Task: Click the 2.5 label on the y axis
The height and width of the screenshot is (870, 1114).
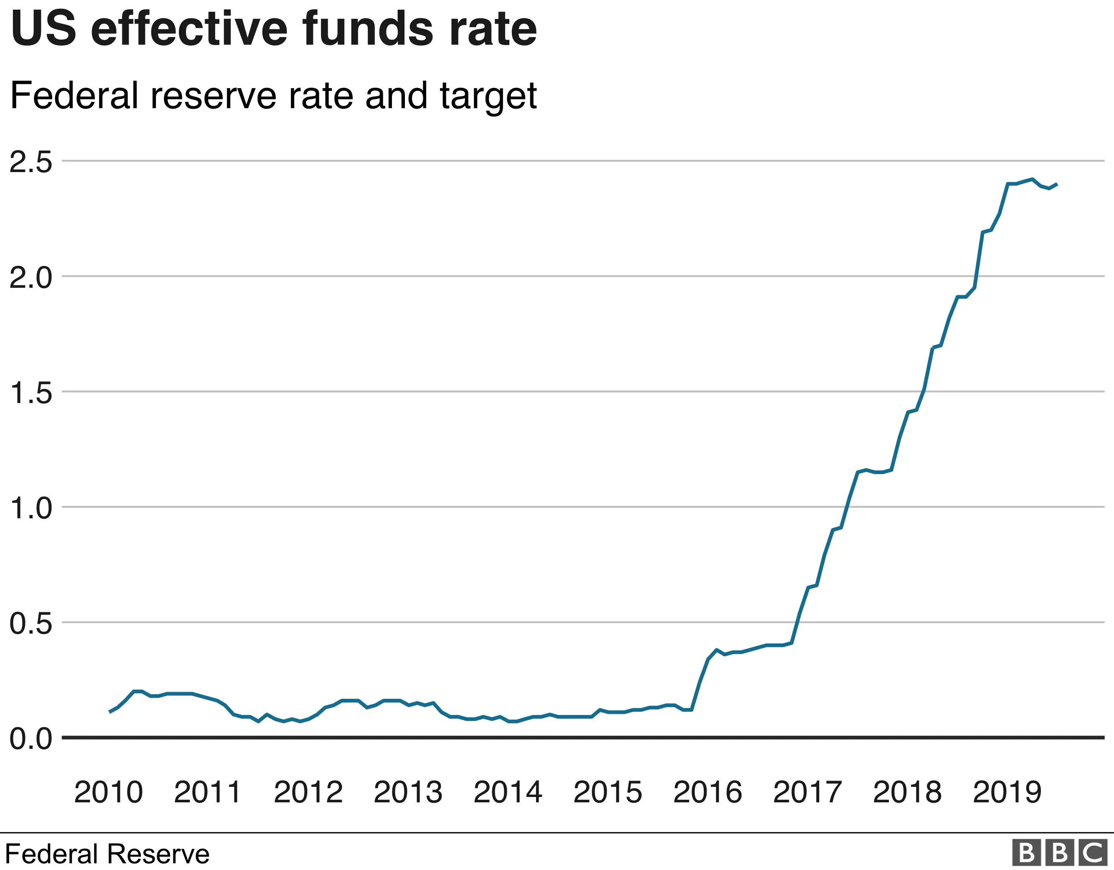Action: [x=31, y=162]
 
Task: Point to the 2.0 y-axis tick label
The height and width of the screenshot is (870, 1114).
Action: [x=31, y=278]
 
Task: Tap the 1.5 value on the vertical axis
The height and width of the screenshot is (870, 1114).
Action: [x=31, y=393]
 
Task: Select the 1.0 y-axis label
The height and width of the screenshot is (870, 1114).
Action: [x=31, y=508]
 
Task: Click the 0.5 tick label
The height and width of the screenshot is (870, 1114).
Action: [x=31, y=624]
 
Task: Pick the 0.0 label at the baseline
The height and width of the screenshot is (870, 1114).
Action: [x=31, y=739]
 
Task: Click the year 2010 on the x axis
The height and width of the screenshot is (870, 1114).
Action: [x=108, y=792]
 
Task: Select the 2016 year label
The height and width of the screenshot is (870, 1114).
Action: [x=707, y=792]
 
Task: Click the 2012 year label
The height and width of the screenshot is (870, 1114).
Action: [x=308, y=792]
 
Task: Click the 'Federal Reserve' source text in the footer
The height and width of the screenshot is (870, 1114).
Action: [x=107, y=854]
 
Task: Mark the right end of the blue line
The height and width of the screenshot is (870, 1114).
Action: [x=1057, y=184]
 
